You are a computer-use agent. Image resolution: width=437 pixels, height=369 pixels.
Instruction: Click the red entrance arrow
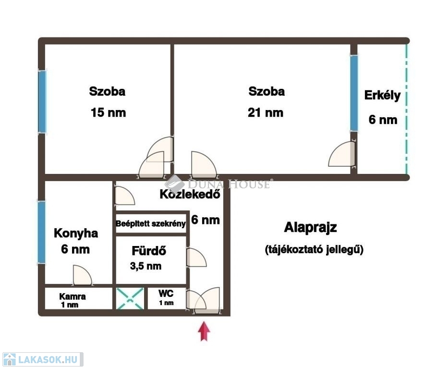point(204,331)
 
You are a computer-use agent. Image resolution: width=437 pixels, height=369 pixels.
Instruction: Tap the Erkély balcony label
point(382,96)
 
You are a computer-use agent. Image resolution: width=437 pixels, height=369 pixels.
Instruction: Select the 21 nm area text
point(265,113)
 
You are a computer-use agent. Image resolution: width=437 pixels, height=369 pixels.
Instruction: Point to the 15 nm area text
point(108,113)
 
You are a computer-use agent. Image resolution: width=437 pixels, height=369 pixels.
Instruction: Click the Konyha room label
point(76,233)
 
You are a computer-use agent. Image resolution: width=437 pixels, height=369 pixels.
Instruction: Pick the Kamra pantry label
point(73,296)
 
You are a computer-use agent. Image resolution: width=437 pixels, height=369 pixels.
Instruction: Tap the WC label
point(166,293)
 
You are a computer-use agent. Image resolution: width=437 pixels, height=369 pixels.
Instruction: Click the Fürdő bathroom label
point(149,250)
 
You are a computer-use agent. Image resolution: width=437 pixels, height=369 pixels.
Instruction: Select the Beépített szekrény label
point(151,223)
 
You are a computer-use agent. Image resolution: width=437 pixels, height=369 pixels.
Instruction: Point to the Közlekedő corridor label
point(190,194)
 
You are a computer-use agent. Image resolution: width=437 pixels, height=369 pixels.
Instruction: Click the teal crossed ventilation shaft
point(130,299)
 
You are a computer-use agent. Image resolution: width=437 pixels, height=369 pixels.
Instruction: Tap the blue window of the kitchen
point(41,232)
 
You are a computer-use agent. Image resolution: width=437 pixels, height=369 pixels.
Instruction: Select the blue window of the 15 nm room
point(42,102)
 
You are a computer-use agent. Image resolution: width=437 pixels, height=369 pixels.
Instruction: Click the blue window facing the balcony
point(354,93)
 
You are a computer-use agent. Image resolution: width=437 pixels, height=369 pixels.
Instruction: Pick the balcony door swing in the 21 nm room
point(342,154)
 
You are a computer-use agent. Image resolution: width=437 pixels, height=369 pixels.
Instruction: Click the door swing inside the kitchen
point(82,275)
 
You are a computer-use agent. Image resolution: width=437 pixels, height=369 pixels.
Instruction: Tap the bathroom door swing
point(196,257)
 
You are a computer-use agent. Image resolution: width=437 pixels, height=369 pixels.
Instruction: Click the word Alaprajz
point(311,227)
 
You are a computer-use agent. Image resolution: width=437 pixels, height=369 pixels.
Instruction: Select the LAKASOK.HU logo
point(43,359)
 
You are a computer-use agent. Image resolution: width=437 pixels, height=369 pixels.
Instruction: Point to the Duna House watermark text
point(229,184)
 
